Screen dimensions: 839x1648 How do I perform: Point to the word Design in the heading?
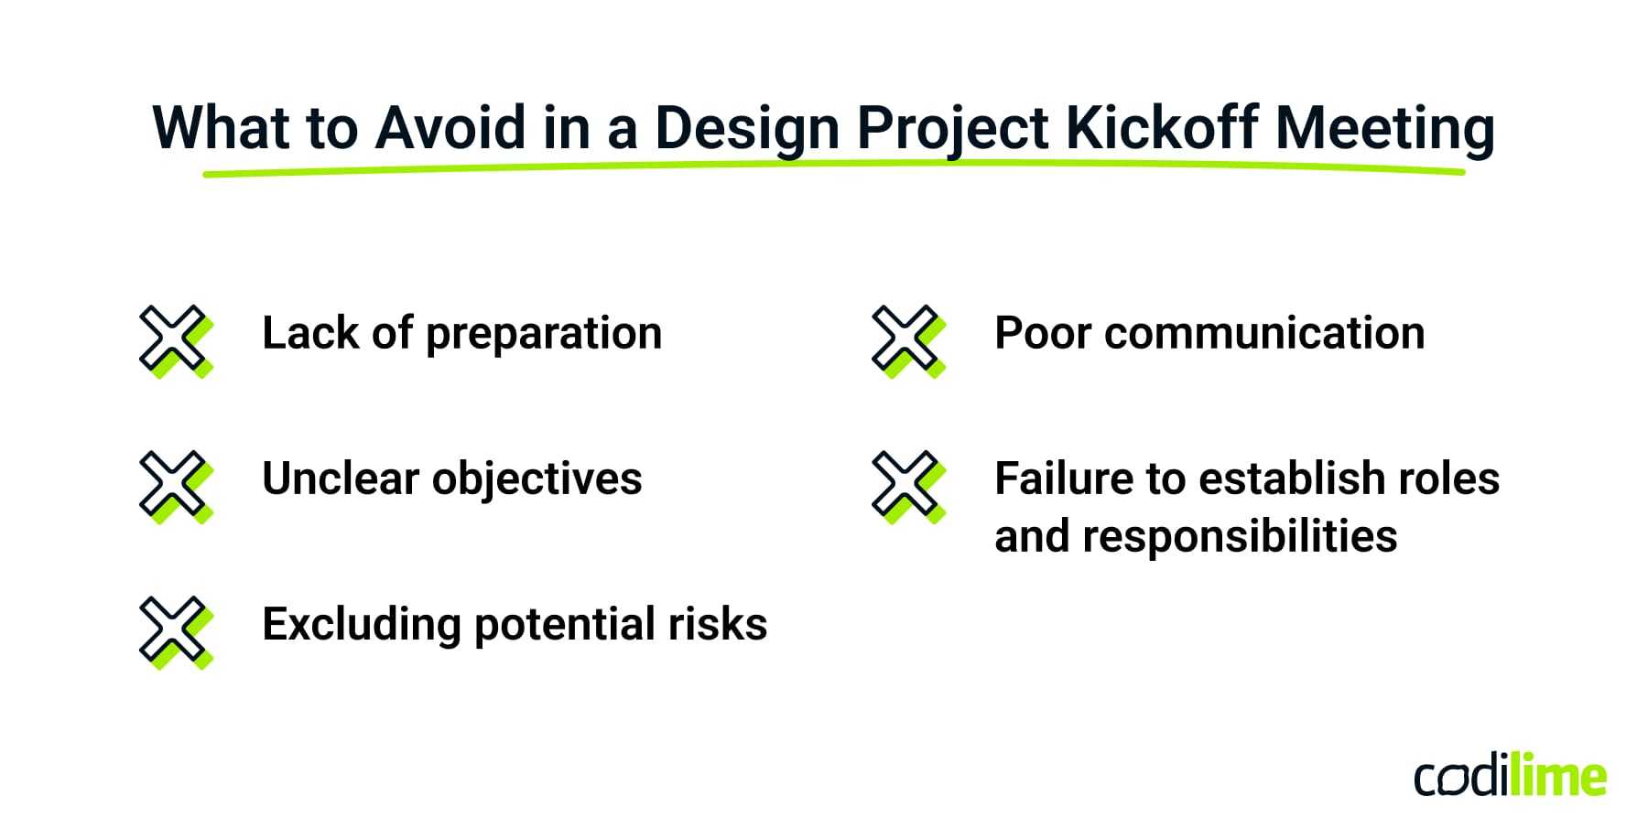tap(746, 128)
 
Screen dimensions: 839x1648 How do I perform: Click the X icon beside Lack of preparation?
tap(175, 340)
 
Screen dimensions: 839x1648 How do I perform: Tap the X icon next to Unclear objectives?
tap(175, 486)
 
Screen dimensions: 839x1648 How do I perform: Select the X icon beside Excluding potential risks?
tap(175, 631)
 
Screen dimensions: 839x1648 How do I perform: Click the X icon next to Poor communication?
tap(907, 340)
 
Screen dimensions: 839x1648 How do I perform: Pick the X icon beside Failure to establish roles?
tap(907, 486)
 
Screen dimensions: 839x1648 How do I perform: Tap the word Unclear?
tap(340, 479)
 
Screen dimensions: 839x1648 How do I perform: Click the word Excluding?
tap(361, 626)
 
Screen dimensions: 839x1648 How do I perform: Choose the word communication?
tap(1264, 333)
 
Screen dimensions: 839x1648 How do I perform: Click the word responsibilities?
tap(1240, 537)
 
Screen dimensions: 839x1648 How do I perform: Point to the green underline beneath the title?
tap(833, 167)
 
